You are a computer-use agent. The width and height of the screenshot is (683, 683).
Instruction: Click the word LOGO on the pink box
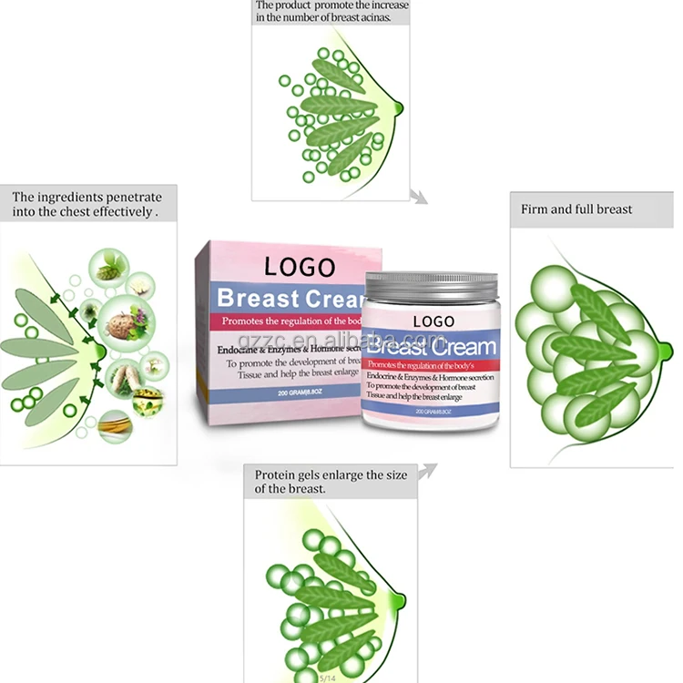(299, 267)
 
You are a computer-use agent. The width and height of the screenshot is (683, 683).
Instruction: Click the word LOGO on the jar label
(433, 321)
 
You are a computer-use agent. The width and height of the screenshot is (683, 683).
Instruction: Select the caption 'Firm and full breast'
(576, 209)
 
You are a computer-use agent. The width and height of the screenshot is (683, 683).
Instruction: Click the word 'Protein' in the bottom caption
(276, 474)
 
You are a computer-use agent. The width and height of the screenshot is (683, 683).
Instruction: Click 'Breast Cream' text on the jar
(432, 346)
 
